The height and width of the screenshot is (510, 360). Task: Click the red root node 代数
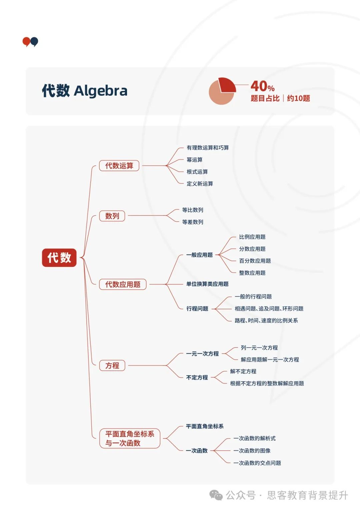[x=59, y=258]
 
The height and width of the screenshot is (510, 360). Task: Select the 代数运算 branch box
[x=119, y=166]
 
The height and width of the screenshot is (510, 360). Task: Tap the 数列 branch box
[x=112, y=216]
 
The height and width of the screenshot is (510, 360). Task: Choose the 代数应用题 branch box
[x=123, y=285]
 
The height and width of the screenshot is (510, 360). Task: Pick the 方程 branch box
[x=112, y=366]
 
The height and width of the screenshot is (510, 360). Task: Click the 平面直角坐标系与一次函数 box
[x=130, y=438]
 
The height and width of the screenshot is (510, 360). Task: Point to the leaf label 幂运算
[x=194, y=160]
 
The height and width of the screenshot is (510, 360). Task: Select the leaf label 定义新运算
[x=200, y=184]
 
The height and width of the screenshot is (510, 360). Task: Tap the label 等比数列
[x=192, y=210]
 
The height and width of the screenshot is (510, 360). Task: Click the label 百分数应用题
[x=255, y=261]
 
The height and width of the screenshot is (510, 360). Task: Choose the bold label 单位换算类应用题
[x=207, y=284]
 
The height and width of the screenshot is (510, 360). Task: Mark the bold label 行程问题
[x=197, y=309]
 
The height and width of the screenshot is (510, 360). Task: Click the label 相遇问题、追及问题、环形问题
[x=269, y=309]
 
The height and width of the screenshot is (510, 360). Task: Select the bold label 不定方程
[x=197, y=378]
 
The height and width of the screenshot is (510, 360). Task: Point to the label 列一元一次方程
[x=259, y=348]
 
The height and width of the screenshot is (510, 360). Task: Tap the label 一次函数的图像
[x=252, y=451]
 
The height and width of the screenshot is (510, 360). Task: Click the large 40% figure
[x=262, y=86]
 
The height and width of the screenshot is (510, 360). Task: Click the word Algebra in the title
[x=101, y=91]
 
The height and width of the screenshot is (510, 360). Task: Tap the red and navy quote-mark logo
[x=30, y=42]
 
